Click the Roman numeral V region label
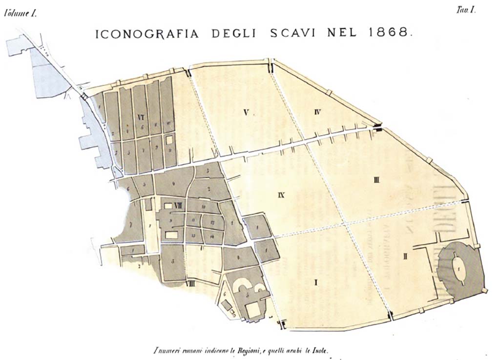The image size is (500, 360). pos(247,113)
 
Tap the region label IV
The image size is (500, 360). pos(317,113)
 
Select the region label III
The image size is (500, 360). pos(376,180)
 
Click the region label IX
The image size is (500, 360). pos(281,195)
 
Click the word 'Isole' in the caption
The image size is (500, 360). pos(322,350)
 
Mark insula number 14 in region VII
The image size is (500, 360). pos(211,236)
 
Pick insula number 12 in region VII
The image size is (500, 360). pos(212,222)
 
